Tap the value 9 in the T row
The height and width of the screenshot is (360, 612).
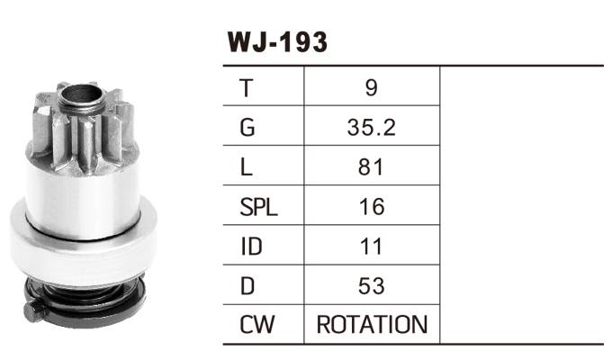tap(372, 88)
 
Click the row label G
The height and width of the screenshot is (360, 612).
tap(247, 128)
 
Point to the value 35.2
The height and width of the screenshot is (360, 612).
tap(372, 128)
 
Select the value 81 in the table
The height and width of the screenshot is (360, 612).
tap(372, 167)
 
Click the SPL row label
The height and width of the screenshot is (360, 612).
tap(258, 207)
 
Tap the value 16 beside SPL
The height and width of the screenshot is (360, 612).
tap(372, 207)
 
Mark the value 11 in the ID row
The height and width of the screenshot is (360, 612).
tap(372, 247)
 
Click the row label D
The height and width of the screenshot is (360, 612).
tap(247, 286)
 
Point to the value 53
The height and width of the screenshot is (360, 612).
tap(372, 286)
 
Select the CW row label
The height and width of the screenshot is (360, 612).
tap(256, 325)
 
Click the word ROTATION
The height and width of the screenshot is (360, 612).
tap(372, 325)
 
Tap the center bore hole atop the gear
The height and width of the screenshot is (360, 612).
tap(85, 93)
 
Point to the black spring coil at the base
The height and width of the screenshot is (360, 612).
tap(85, 292)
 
